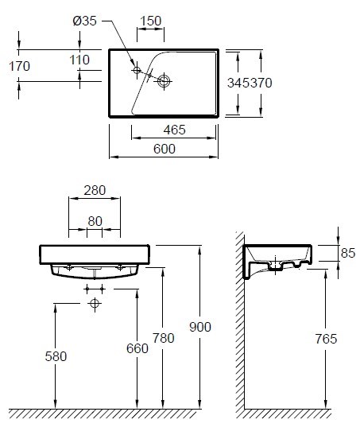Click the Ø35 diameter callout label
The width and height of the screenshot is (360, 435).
[84, 21]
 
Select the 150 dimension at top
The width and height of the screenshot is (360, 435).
[150, 21]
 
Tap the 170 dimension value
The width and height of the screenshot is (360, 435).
[19, 66]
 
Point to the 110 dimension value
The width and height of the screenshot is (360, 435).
[79, 60]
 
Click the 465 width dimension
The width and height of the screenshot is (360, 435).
[174, 130]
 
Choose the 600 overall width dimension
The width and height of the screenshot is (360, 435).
[165, 149]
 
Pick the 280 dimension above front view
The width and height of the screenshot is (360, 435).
[95, 190]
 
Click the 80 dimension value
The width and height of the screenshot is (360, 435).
[95, 221]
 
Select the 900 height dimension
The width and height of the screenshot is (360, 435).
[200, 327]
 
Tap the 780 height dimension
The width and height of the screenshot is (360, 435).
[164, 338]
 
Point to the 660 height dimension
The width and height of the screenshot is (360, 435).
[137, 348]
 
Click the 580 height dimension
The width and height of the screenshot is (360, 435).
[56, 356]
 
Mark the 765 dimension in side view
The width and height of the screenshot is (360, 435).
[326, 339]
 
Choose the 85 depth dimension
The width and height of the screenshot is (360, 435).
[348, 253]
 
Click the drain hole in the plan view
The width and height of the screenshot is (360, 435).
[164, 81]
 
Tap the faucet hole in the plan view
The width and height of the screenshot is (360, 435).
[137, 70]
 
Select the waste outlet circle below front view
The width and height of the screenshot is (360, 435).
[95, 304]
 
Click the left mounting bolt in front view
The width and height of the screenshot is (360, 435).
[69, 267]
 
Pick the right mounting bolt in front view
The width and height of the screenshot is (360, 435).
[120, 267]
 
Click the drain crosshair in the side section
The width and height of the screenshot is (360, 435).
[275, 265]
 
